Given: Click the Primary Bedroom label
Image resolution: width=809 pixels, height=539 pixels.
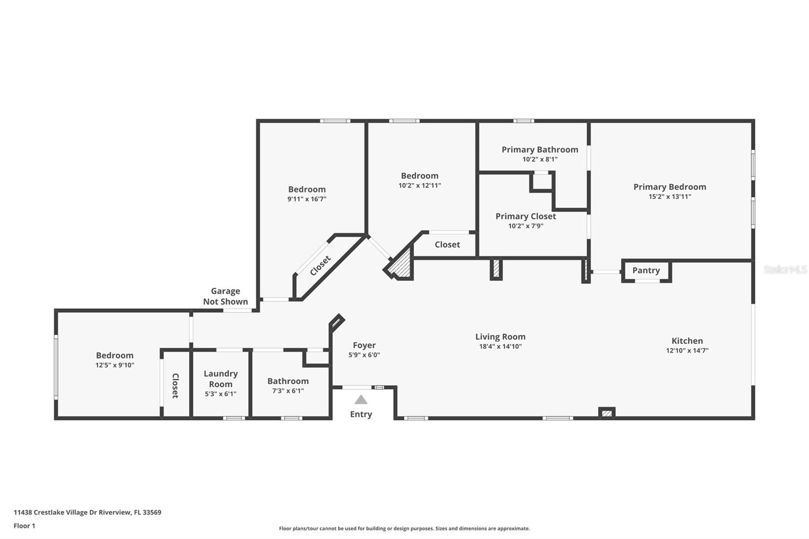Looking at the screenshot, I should [669, 187].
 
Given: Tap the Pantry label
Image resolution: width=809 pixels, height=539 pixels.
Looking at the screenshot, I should [646, 271].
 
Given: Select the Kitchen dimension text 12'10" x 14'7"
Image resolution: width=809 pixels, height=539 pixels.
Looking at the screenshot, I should [687, 350].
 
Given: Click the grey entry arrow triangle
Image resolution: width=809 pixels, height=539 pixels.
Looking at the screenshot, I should [361, 400].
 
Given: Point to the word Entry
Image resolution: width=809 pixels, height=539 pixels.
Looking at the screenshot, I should [361, 414].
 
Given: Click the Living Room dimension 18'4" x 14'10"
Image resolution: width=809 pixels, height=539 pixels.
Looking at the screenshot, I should [500, 346].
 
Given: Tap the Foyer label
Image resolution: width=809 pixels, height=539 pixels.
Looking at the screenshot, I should [364, 345].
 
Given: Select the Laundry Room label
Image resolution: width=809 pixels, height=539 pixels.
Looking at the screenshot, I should [220, 379].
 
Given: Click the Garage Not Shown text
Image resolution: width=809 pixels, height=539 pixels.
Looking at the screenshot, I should [226, 296].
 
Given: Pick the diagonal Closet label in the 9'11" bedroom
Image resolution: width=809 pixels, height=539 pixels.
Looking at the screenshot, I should [320, 266].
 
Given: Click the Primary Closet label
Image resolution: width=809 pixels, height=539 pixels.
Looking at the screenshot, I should [525, 216].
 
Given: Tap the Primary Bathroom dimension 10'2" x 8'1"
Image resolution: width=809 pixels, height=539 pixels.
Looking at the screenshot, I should [540, 159].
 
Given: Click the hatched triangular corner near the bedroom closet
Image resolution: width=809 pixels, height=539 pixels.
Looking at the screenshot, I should [402, 267].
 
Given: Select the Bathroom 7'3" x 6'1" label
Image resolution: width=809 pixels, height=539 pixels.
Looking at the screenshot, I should [288, 381].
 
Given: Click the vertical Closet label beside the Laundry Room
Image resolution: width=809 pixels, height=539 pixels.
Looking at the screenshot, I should [175, 386].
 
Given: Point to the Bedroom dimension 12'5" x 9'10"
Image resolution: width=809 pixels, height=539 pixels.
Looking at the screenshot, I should [115, 365].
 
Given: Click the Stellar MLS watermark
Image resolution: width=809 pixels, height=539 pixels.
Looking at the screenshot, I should [785, 269].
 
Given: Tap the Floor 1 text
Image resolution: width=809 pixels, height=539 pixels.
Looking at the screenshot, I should [24, 526].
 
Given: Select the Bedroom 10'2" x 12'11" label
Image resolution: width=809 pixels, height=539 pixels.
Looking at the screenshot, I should [419, 176].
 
